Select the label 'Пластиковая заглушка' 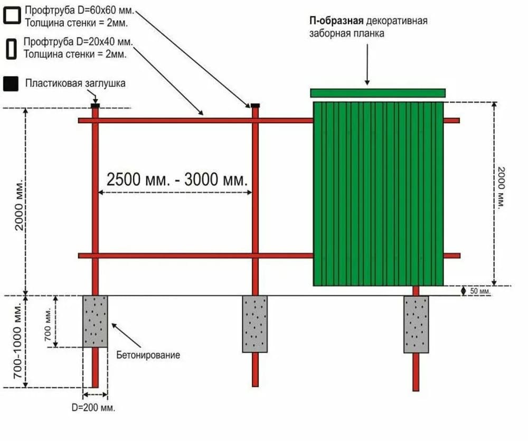click(75, 83)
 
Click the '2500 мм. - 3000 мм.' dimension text click(177, 180)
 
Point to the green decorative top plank click(378, 93)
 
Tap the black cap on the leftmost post click(95, 106)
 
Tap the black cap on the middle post click(255, 106)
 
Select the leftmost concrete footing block click(95, 321)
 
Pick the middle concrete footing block click(255, 324)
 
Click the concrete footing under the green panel click(416, 324)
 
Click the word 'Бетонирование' click(148, 355)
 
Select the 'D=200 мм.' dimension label click(93, 408)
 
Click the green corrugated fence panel click(378, 193)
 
